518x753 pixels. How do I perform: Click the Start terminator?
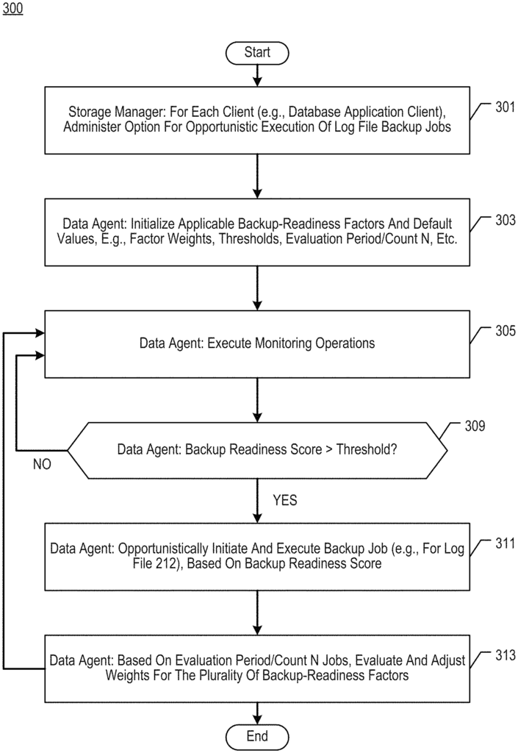[257, 52]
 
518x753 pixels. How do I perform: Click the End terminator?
[257, 737]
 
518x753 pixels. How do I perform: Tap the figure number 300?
[12, 8]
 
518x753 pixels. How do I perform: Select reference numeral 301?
[505, 107]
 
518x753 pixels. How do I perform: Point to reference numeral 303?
[505, 220]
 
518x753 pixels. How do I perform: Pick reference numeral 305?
[505, 330]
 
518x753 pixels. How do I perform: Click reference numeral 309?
[475, 426]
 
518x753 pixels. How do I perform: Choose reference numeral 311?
[505, 543]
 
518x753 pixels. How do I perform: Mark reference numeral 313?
[505, 655]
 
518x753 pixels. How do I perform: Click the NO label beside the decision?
[42, 464]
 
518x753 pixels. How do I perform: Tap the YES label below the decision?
[285, 500]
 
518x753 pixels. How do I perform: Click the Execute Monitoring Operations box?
[257, 344]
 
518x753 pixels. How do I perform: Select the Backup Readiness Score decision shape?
[257, 450]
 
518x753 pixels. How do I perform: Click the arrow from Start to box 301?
[257, 76]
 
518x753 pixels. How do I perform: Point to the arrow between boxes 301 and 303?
[257, 176]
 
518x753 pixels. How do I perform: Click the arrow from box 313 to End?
[257, 713]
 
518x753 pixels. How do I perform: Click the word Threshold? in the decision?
[367, 449]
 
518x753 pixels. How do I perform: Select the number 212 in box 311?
[166, 563]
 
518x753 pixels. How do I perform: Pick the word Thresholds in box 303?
[249, 239]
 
